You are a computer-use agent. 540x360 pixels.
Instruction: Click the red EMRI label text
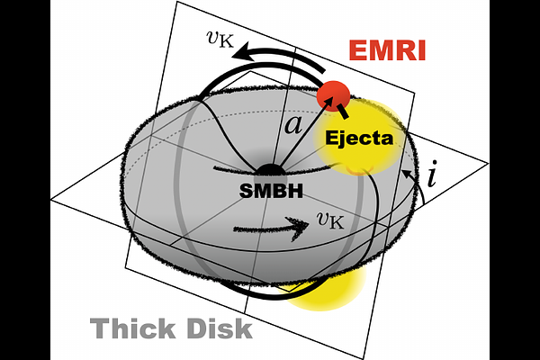coord(387,50)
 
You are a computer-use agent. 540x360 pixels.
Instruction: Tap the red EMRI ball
coord(333,96)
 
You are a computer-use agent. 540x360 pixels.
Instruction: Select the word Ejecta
coord(359,138)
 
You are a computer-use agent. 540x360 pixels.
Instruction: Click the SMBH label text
coord(271,191)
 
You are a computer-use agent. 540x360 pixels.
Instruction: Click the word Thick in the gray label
coord(133,328)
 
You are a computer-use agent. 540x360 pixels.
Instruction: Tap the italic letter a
coord(293,124)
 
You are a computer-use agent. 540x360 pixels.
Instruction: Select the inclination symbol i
coord(432,173)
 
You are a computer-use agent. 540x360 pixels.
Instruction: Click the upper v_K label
coord(220,39)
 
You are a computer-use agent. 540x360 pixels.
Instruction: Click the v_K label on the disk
coord(330,220)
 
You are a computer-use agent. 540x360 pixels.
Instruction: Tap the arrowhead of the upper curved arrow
coord(242,52)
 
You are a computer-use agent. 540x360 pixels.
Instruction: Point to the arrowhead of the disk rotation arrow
coord(299,228)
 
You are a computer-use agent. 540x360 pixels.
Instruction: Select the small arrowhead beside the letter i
coord(407,174)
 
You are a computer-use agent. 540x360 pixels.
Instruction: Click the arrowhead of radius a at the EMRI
coord(328,102)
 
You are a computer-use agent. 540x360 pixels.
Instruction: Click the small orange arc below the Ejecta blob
coord(360,171)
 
